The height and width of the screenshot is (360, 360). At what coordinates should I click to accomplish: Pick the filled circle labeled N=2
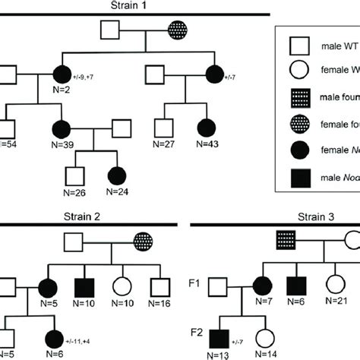click(62, 75)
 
